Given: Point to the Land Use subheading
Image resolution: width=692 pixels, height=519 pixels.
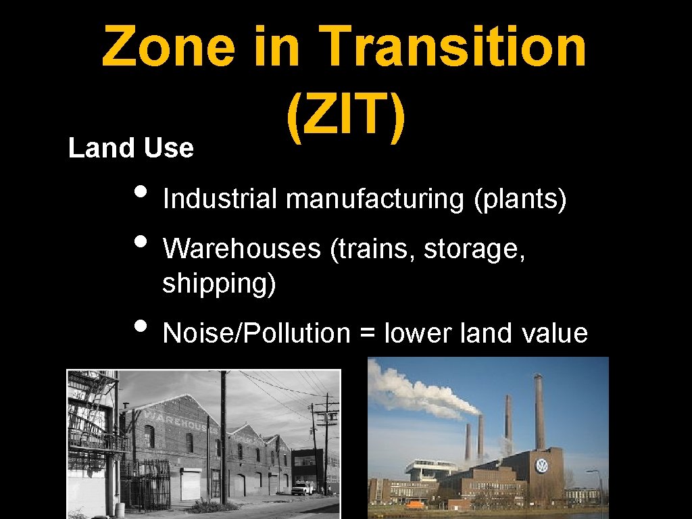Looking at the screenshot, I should pyautogui.click(x=131, y=148).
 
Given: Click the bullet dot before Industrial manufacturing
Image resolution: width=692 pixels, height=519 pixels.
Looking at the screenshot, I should pyautogui.click(x=140, y=191).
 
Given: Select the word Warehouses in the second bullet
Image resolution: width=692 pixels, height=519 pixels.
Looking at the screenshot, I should pyautogui.click(x=242, y=249).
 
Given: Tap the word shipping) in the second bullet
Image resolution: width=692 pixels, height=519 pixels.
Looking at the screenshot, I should pyautogui.click(x=219, y=285).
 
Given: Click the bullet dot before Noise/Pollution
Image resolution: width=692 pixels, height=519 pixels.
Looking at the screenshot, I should pyautogui.click(x=140, y=325).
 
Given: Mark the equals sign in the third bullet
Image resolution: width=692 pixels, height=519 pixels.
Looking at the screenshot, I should pyautogui.click(x=368, y=334).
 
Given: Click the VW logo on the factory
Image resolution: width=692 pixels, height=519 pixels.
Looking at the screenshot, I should pyautogui.click(x=541, y=466).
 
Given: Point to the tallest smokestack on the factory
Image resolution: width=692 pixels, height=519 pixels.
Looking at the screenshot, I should pyautogui.click(x=539, y=412).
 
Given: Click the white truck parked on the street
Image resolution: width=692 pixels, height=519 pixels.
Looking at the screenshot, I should pyautogui.click(x=303, y=488).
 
